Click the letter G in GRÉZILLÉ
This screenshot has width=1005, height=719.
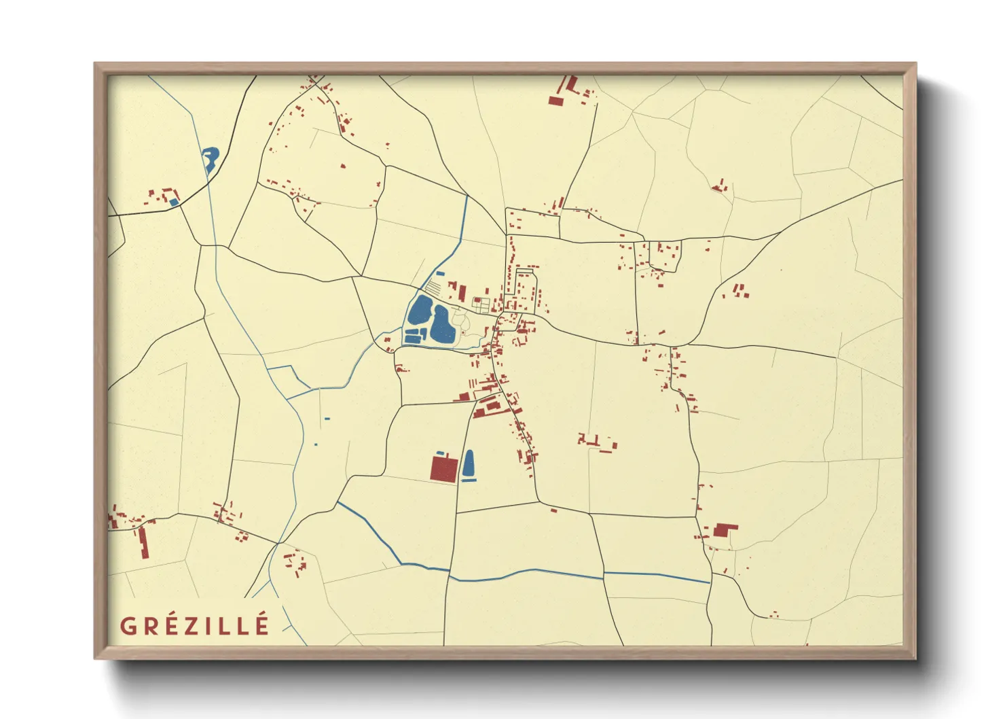point(128,626)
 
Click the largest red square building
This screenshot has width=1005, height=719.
point(444,469)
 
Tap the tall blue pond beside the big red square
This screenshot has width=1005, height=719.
point(469,463)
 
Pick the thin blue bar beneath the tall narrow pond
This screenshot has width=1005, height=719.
point(469,480)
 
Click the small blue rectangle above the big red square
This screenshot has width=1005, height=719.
point(440,453)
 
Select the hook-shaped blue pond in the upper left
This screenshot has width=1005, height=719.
point(210,159)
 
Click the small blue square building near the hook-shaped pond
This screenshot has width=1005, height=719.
point(174,202)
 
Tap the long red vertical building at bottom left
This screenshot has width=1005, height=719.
point(143,542)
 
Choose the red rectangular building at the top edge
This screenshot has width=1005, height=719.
point(556,101)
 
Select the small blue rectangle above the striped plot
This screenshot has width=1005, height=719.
point(440,273)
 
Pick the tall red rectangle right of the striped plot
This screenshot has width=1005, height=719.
point(462,294)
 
